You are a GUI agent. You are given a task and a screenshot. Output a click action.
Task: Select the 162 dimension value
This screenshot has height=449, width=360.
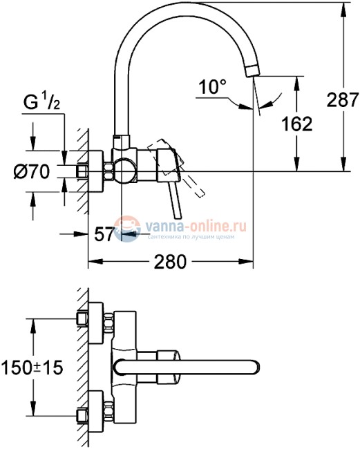coord(297,124)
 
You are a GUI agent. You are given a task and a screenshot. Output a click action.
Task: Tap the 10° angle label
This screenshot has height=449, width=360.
coord(213,88)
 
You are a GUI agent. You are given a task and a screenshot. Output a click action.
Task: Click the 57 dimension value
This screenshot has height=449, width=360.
coord(104,235)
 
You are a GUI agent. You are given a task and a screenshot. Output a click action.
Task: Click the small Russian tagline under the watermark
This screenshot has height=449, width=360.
coord(191,237)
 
